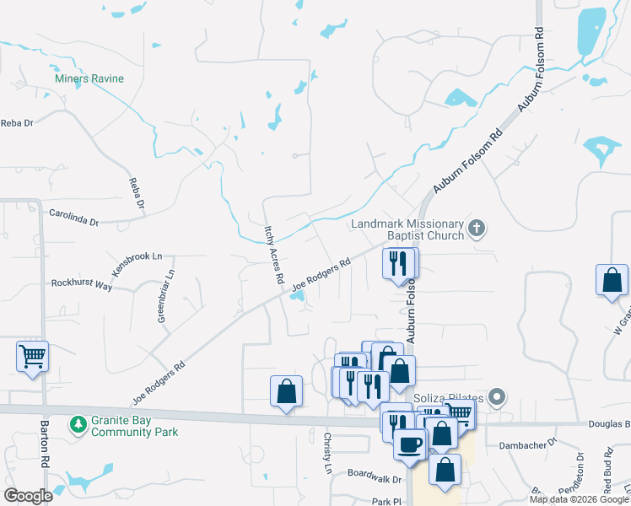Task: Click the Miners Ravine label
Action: point(89,78)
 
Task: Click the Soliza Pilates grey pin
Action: point(498,396)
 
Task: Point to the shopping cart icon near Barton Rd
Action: point(32,356)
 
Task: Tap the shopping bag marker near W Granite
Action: point(612,281)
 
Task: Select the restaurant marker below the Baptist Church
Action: point(399,263)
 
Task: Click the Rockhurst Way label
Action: point(82,285)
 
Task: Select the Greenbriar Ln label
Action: point(165,296)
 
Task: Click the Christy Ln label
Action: point(327,453)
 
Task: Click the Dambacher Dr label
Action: point(528,444)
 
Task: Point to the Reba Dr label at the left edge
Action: point(17,123)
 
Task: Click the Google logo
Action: point(29,496)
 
